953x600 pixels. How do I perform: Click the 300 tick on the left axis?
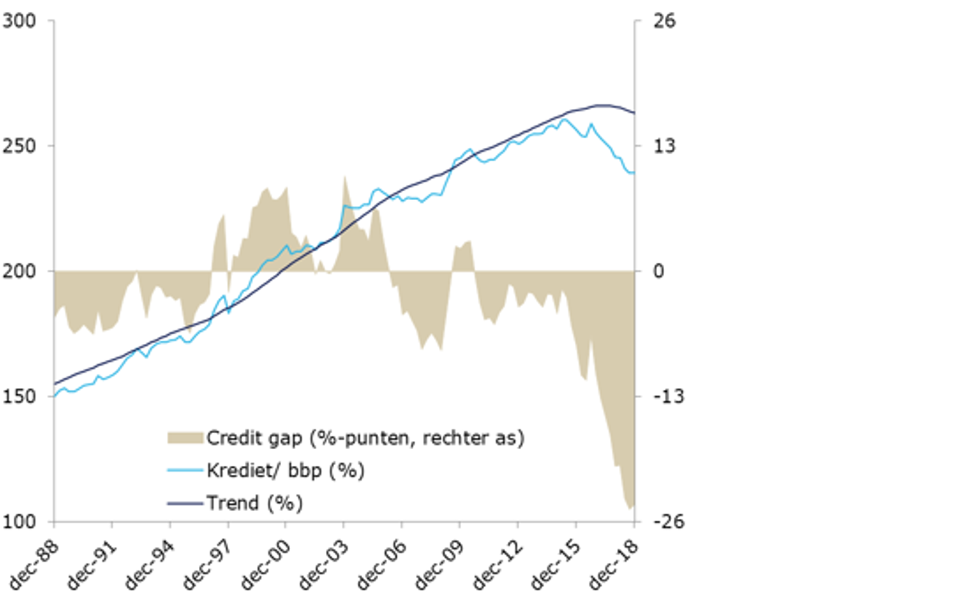[19, 21]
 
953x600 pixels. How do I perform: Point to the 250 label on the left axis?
[19, 146]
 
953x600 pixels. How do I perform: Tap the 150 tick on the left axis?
[19, 396]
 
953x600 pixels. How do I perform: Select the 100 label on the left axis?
[19, 521]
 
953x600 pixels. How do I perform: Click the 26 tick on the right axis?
[664, 21]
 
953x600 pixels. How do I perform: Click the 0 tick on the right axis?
[658, 271]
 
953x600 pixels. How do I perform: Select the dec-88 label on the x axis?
[36, 563]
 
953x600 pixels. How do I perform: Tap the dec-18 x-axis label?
[616, 563]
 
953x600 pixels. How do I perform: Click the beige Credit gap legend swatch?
[185, 439]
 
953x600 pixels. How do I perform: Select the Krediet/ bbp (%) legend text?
[285, 471]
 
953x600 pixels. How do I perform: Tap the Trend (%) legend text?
[254, 503]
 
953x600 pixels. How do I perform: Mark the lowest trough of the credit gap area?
[630, 508]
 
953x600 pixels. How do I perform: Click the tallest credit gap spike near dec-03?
[344, 177]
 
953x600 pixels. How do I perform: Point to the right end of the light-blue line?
[634, 173]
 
